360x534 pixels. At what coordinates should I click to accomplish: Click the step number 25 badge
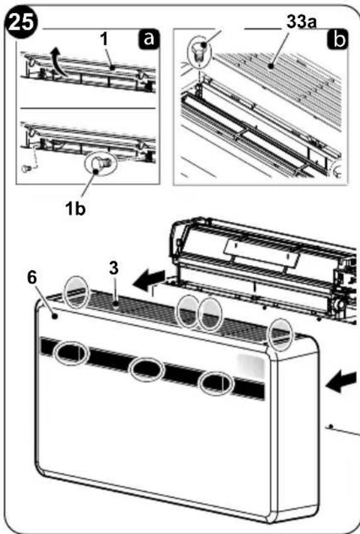21,24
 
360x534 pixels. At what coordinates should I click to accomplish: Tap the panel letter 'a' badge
149,39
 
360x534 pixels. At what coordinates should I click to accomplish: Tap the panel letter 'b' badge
338,40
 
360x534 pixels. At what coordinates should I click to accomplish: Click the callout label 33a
301,22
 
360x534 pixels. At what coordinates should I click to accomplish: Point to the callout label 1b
75,208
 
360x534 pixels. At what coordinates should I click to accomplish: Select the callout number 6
32,278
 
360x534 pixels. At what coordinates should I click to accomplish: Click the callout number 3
114,268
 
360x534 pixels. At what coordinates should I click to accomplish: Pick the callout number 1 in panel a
104,39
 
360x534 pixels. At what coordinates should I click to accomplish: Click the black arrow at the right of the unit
341,382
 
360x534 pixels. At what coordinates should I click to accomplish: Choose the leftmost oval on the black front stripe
71,353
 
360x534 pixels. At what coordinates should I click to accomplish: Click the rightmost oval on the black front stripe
216,383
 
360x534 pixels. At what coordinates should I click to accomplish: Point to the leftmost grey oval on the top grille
78,292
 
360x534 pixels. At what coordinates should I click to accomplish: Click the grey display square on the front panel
251,365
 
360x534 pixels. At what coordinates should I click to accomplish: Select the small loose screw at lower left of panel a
25,167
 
